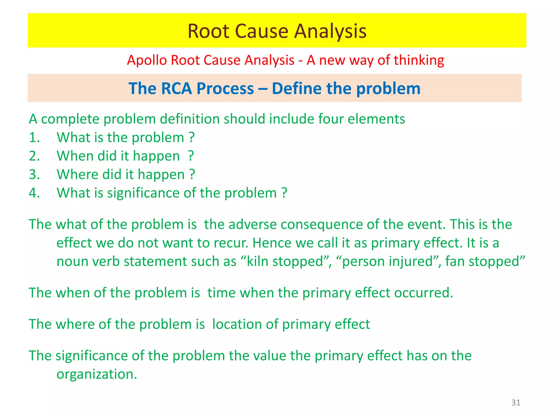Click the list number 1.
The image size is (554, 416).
[34, 138]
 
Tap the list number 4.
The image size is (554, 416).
[34, 193]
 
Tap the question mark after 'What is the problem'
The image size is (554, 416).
[192, 138]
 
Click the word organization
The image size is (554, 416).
[97, 374]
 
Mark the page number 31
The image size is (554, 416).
[516, 402]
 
